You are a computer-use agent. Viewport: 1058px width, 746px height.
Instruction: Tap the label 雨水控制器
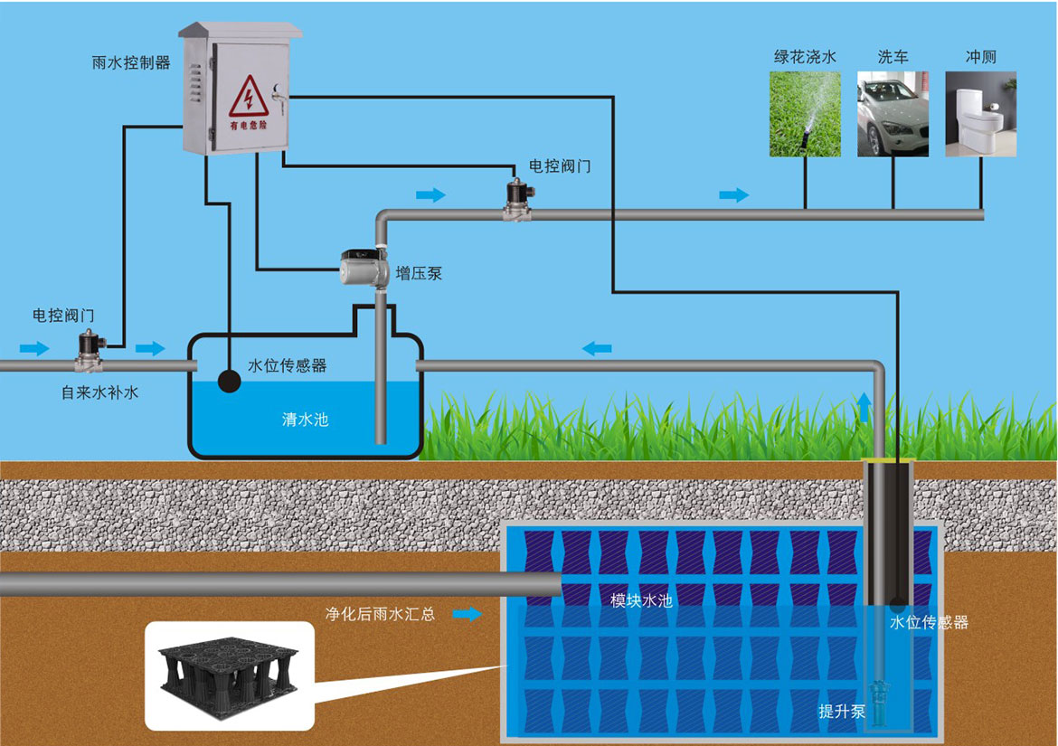coord(131,63)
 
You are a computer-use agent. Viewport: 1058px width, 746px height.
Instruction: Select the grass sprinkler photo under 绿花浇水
coord(805,115)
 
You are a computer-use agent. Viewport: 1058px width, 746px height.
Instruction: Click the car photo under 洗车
coord(893,115)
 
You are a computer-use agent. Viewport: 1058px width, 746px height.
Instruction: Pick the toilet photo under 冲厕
coord(980,115)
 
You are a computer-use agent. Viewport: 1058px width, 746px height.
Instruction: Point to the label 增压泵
coord(419,272)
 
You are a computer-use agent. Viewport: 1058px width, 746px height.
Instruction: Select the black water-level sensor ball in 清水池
coord(230,382)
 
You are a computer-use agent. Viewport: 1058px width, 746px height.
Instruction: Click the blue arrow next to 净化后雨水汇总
coord(468,615)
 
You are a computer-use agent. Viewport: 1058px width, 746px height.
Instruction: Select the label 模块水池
coord(641,600)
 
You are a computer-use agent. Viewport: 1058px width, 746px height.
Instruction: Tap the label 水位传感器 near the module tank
coord(929,622)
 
